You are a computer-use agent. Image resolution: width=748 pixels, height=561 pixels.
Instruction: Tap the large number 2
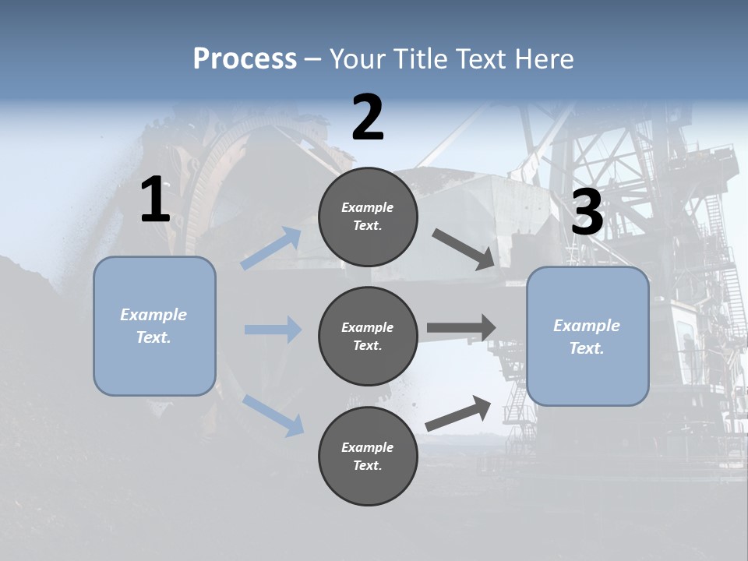368,117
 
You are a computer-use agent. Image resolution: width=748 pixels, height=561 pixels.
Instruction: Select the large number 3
587,212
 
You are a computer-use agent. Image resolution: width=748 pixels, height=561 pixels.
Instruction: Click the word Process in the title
245,58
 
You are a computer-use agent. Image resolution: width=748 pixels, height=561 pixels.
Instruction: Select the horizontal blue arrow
273,330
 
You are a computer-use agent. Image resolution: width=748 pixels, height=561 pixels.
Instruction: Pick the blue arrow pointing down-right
273,415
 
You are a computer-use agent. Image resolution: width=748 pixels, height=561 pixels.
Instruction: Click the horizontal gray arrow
461,327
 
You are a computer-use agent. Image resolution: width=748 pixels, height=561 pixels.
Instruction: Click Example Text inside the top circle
368,217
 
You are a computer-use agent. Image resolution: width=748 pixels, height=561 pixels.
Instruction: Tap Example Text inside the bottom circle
368,457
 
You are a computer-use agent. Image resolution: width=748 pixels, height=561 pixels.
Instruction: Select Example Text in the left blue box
153,326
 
